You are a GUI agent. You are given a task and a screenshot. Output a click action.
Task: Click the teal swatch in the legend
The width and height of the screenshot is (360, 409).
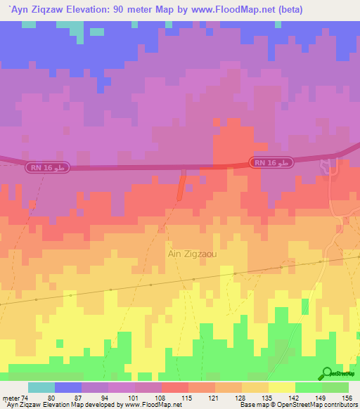click(x=41, y=387)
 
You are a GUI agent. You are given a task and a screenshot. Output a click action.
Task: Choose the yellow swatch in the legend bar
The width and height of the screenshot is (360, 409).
click(x=281, y=387)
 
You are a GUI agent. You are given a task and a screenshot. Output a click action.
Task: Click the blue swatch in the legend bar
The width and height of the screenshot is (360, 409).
click(x=68, y=387)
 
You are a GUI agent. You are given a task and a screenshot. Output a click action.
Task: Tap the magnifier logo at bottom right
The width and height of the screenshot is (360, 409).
click(x=326, y=374)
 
